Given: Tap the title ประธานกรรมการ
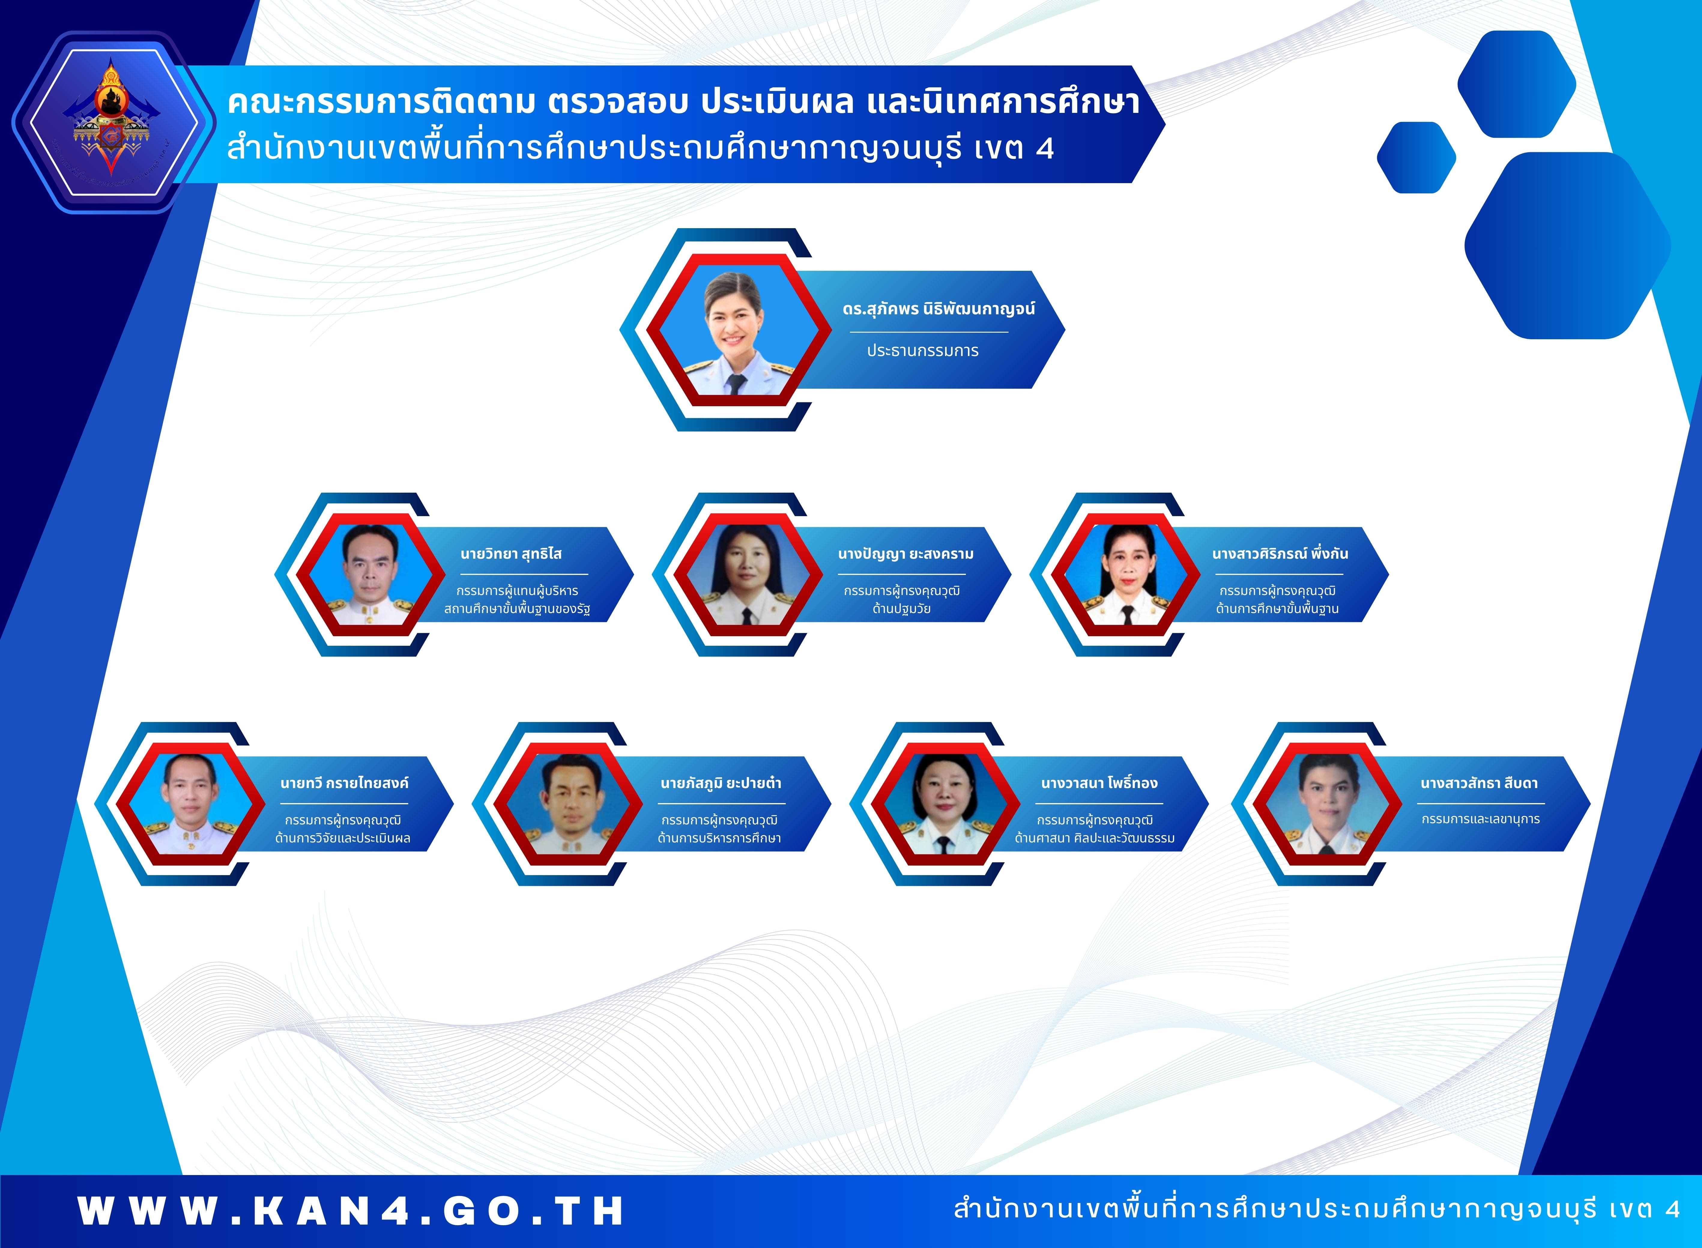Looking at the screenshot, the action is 922,351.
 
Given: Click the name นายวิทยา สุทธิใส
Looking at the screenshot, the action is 511,554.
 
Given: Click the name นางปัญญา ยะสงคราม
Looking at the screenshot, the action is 906,554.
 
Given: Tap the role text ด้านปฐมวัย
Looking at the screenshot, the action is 901,609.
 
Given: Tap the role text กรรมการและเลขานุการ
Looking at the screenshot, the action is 1481,819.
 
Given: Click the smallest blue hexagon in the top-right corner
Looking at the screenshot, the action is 1416,157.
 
